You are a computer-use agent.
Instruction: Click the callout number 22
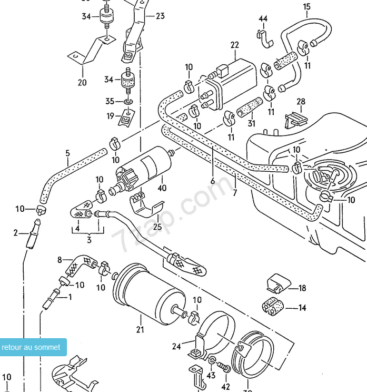click(235, 46)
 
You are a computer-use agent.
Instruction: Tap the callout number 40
click(162, 188)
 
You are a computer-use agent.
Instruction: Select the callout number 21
click(140, 330)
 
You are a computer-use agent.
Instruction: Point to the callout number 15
click(306, 7)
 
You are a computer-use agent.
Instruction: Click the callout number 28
click(301, 102)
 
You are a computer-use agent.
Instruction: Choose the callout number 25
click(157, 227)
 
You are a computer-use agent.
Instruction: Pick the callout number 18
click(302, 288)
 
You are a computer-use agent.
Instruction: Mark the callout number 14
click(302, 308)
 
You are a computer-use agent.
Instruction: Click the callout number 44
click(263, 19)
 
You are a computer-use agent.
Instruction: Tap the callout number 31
click(251, 124)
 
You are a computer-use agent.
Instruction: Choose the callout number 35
click(110, 101)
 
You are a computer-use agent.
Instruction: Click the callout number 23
click(160, 16)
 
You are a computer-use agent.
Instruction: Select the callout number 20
click(82, 82)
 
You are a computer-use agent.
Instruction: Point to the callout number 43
click(211, 375)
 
